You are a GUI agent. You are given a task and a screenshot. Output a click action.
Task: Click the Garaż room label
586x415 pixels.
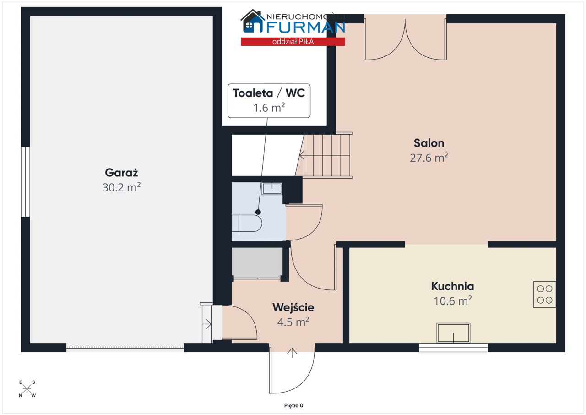(121, 173)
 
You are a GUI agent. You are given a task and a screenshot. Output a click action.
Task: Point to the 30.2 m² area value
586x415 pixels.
(121, 187)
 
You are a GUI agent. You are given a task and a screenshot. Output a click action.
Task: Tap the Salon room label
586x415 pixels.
(429, 143)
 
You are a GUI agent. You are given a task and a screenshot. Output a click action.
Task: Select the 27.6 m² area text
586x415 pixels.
(429, 158)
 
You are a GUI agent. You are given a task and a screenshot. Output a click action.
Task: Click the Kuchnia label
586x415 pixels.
(453, 286)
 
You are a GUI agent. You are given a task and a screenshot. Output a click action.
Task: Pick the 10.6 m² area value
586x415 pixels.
(453, 301)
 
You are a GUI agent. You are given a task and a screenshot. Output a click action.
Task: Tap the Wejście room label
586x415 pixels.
(293, 308)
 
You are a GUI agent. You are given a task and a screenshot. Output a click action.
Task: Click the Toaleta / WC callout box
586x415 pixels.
(269, 101)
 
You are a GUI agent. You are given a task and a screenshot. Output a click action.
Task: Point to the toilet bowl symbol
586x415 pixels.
(247, 223)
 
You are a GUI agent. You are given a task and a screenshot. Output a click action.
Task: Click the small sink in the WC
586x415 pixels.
(272, 189)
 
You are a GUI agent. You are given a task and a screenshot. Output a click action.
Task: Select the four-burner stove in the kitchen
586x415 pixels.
(545, 295)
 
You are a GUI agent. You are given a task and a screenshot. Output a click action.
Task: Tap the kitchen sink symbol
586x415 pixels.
(453, 333)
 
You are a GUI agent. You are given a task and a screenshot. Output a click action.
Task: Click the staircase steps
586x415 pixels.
(325, 155)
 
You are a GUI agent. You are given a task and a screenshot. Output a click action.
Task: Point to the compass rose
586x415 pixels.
(27, 389)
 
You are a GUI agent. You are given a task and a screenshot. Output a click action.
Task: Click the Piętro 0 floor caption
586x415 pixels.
(293, 405)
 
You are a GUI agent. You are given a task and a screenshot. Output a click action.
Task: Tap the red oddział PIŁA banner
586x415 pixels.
(293, 42)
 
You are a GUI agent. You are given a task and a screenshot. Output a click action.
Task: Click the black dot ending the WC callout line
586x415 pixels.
(258, 212)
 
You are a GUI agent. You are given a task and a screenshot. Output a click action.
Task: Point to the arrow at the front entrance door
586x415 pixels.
(292, 353)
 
